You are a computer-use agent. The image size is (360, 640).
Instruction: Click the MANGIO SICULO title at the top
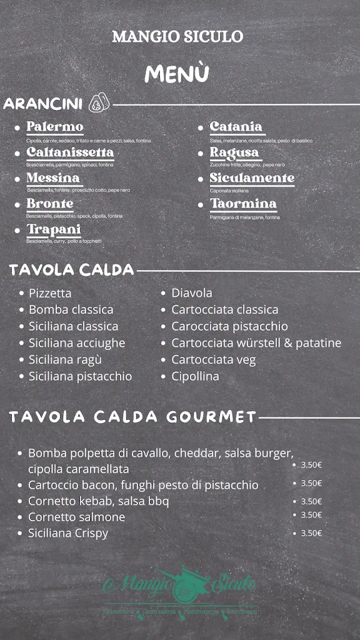[x=177, y=36]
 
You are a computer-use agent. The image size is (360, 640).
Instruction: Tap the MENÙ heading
[x=177, y=74]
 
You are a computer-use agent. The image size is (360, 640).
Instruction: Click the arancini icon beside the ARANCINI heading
[x=99, y=103]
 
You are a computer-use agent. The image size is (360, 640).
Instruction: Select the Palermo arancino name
[x=55, y=127]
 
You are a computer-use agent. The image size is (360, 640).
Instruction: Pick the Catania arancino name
[x=236, y=127]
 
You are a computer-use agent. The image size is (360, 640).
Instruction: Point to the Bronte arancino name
[x=50, y=204]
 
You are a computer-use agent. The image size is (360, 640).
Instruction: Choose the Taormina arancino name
[x=243, y=204]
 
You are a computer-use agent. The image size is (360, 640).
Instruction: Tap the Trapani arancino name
[x=54, y=229]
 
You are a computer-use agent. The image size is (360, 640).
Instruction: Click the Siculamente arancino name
[x=252, y=178]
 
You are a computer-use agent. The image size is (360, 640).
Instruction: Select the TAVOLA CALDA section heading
[x=72, y=270]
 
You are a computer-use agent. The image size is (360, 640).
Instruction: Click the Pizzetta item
[x=50, y=293]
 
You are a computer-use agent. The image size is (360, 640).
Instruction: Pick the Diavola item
[x=192, y=293]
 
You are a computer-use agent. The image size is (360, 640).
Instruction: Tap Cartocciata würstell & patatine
[x=256, y=343]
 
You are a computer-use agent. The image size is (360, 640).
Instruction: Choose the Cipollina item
[x=195, y=376]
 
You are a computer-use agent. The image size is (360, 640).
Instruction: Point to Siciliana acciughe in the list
[x=77, y=343]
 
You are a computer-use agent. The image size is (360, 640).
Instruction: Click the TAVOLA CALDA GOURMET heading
[x=132, y=417]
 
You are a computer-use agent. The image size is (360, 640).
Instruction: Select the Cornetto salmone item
[x=76, y=517]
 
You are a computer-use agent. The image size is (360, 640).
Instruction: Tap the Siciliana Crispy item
[x=68, y=533]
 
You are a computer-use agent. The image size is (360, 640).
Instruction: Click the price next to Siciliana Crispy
[x=311, y=533]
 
